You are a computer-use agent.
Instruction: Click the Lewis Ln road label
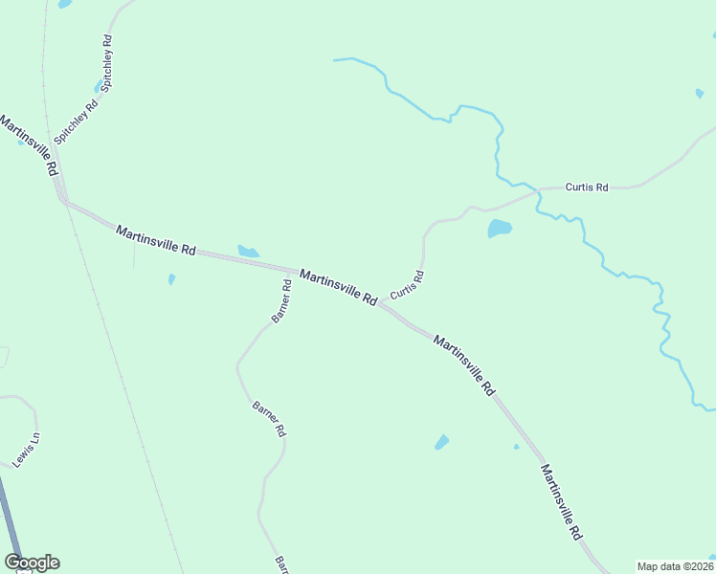pyautogui.click(x=27, y=450)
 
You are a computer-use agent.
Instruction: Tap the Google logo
pyautogui.click(x=32, y=563)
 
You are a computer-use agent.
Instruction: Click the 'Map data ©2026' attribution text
pyautogui.click(x=675, y=566)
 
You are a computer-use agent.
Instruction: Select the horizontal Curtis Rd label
pyautogui.click(x=587, y=188)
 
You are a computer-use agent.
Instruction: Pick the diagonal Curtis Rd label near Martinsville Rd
pyautogui.click(x=407, y=283)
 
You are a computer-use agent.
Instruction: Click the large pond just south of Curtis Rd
pyautogui.click(x=499, y=229)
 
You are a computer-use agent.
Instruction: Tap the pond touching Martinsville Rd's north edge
pyautogui.click(x=248, y=252)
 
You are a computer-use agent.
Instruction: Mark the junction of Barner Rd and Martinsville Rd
pyautogui.click(x=291, y=271)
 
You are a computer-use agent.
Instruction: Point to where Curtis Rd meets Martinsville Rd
pyautogui.click(x=382, y=304)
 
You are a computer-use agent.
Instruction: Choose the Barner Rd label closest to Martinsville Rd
pyautogui.click(x=281, y=301)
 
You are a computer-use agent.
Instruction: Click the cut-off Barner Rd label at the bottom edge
pyautogui.click(x=280, y=565)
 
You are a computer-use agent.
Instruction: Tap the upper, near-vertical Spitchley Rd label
pyautogui.click(x=107, y=62)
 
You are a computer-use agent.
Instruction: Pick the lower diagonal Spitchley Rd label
pyautogui.click(x=76, y=121)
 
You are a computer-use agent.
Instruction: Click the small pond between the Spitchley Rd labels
pyautogui.click(x=98, y=88)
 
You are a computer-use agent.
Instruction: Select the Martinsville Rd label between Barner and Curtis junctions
pyautogui.click(x=338, y=287)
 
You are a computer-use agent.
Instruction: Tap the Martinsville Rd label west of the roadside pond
pyautogui.click(x=155, y=239)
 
